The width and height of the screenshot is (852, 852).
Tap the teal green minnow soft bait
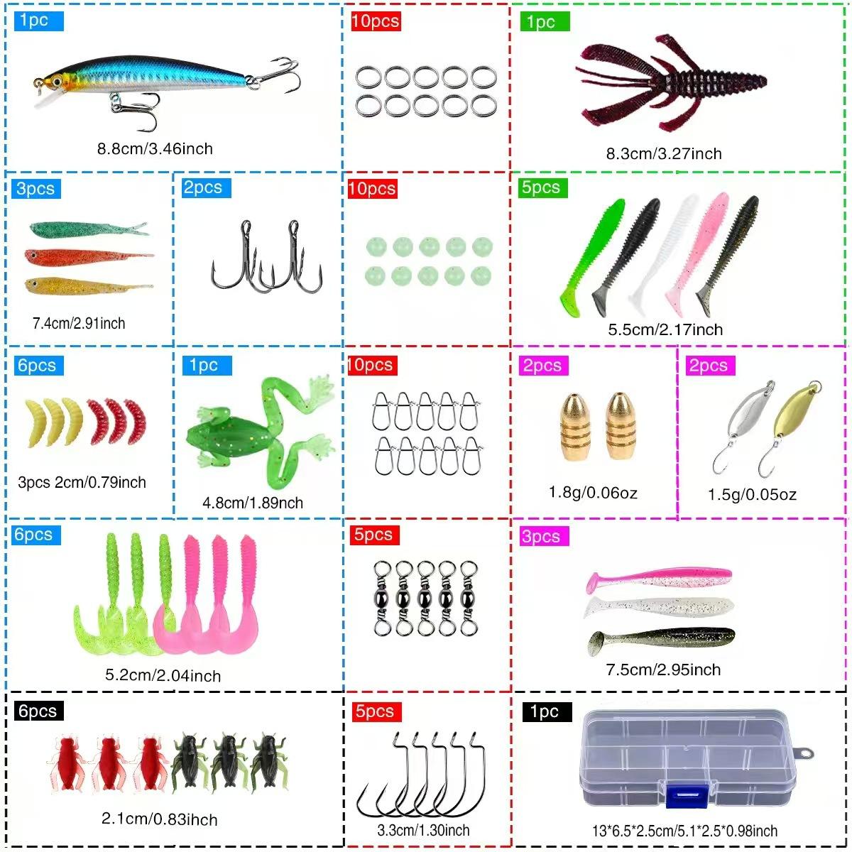(x=85, y=229)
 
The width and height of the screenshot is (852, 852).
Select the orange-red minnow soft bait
(x=85, y=256)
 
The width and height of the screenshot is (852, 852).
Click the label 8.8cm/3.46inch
(x=155, y=149)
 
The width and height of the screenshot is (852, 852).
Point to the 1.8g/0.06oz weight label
(x=593, y=493)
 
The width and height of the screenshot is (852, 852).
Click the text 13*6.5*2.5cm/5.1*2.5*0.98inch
(x=684, y=831)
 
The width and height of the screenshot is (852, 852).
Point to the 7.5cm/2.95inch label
(x=663, y=670)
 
